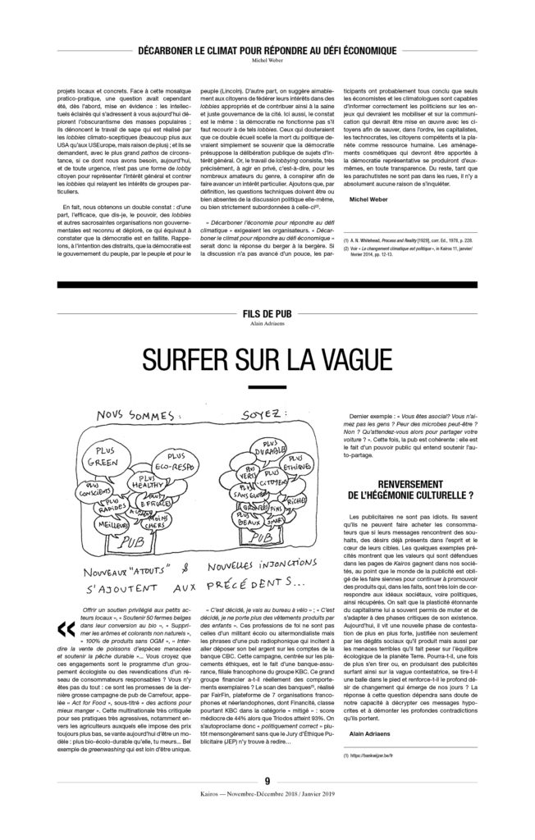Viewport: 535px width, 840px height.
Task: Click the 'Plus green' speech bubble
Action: [x=107, y=456]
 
